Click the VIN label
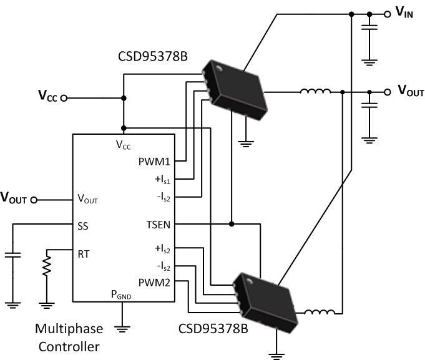click(x=404, y=12)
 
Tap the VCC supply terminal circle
click(x=64, y=98)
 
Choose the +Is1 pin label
click(x=164, y=180)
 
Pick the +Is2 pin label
click(x=164, y=248)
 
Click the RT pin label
click(x=84, y=254)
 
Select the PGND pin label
click(x=122, y=294)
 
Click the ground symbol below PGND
click(x=122, y=326)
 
